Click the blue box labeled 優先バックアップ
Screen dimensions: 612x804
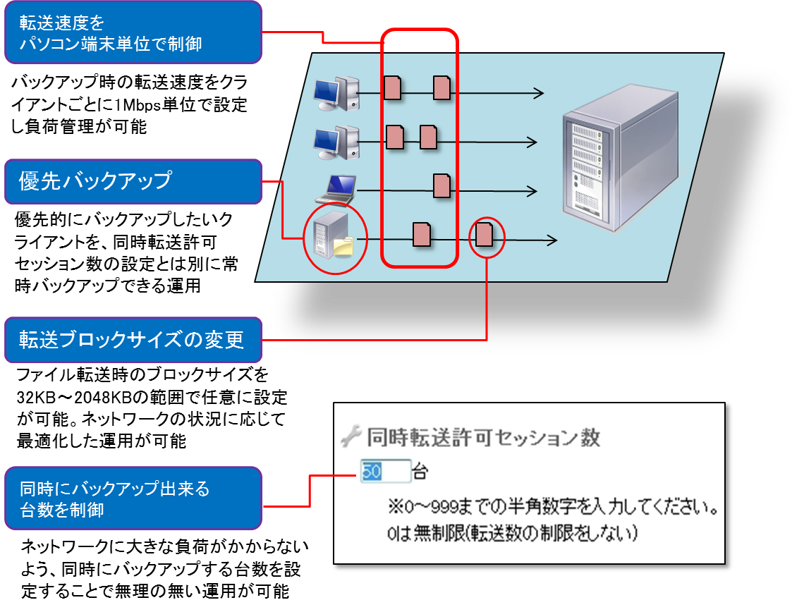133,180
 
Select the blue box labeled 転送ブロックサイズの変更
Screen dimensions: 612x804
133,340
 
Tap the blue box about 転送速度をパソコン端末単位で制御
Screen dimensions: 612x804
133,32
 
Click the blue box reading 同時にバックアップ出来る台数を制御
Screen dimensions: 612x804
133,498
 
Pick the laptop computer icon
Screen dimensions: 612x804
335,188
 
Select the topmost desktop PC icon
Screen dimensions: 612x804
335,93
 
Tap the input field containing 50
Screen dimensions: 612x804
385,472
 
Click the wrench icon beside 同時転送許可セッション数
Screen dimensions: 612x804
351,438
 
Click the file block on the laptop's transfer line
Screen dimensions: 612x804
441,185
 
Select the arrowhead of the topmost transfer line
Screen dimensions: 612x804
539,93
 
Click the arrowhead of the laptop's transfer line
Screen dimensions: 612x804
532,191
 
